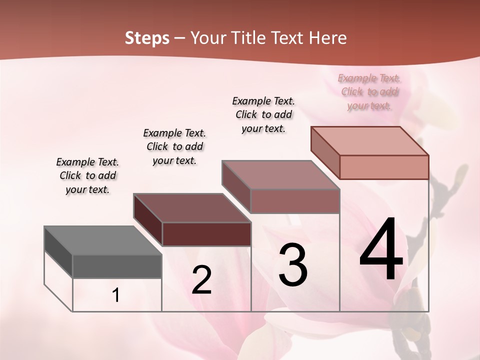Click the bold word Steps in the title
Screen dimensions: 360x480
(147, 38)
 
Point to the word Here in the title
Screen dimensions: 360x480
(327, 38)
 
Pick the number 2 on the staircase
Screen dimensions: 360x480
(201, 280)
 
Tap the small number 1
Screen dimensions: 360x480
(116, 295)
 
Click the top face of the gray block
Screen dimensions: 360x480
(102, 240)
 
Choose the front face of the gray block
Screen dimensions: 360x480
(117, 266)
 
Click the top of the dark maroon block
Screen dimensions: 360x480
(192, 207)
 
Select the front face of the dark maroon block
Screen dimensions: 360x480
(206, 234)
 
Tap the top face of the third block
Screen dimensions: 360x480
(281, 174)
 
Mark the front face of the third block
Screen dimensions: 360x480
(295, 201)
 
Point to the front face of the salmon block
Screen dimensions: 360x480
(384, 167)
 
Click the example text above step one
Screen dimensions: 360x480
(87, 175)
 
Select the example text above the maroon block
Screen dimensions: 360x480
(174, 146)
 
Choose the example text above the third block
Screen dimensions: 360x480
(263, 114)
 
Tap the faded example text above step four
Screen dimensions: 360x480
(369, 91)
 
